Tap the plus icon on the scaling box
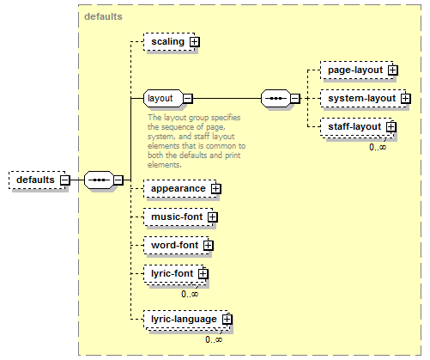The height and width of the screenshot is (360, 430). click(195, 42)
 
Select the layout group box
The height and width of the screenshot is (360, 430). click(164, 99)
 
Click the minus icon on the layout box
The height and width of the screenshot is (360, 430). click(188, 99)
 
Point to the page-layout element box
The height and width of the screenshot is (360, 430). click(357, 70)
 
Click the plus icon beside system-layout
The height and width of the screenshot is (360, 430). click(406, 99)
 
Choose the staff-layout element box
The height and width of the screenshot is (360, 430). click(356, 127)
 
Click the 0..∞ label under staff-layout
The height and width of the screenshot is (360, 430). click(378, 147)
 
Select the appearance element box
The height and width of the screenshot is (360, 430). click(181, 189)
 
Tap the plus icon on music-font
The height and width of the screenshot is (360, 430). click(213, 217)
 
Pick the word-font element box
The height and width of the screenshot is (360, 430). click(177, 246)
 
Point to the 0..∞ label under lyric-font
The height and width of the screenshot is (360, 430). click(190, 294)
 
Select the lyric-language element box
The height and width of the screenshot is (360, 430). click(187, 320)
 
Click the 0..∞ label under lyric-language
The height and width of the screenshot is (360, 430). click(214, 339)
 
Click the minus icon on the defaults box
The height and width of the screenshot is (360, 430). click(65, 180)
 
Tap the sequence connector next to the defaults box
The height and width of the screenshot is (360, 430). click(99, 180)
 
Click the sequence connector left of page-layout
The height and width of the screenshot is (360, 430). click(276, 99)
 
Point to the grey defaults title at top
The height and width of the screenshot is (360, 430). click(103, 16)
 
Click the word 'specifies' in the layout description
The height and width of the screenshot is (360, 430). click(226, 118)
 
